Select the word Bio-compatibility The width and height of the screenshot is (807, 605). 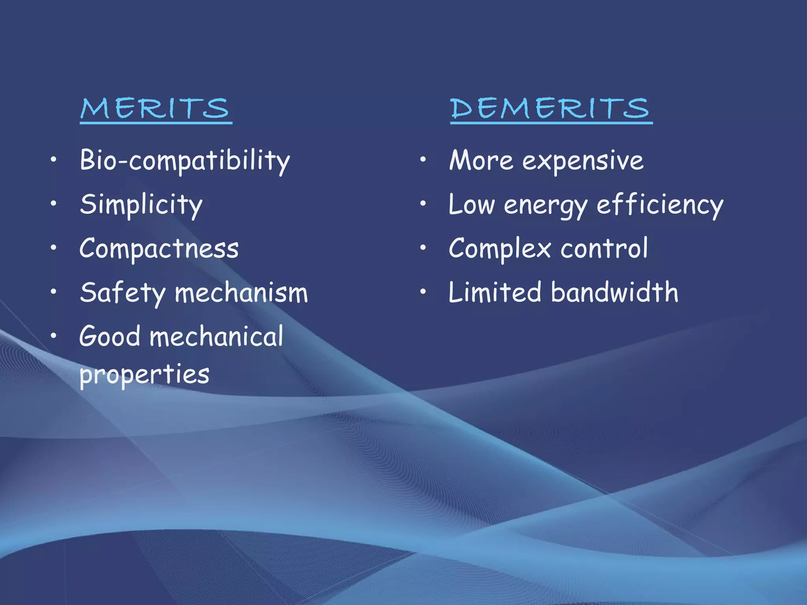tap(185, 161)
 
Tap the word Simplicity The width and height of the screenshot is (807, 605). tap(141, 205)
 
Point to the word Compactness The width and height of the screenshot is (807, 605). tap(159, 249)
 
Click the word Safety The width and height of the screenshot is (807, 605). tap(123, 293)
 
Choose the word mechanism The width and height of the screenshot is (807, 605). tap(241, 293)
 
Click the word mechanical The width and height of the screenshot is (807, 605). tap(216, 337)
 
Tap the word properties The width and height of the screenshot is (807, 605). tap(144, 375)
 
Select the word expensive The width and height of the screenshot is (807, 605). tap(583, 161)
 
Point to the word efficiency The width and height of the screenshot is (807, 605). tap(660, 205)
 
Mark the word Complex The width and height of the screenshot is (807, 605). tap(500, 249)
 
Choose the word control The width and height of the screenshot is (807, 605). tap(604, 249)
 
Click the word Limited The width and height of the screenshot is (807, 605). tap(495, 293)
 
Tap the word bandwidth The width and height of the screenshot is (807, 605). tap(615, 293)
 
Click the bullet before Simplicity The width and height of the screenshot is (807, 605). tap(54, 204)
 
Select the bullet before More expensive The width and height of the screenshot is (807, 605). tap(423, 160)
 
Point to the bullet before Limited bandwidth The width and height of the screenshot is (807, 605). tap(423, 292)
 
